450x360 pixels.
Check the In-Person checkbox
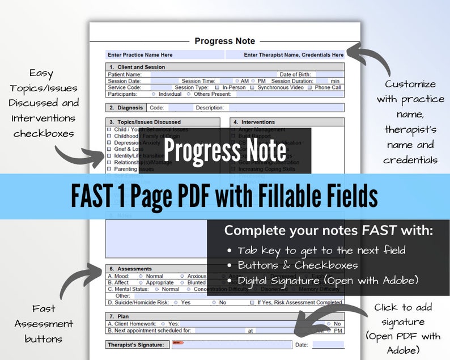point(217,88)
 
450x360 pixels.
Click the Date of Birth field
point(329,74)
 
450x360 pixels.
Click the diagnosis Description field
point(284,108)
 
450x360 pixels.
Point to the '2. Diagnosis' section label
point(126,108)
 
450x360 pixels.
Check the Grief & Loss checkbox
point(109,149)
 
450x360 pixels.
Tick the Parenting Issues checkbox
point(109,169)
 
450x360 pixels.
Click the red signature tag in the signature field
point(177,342)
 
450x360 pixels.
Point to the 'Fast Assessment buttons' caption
point(44,324)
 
